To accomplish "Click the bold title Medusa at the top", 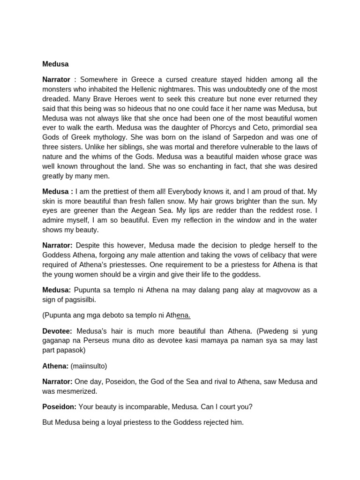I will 55,64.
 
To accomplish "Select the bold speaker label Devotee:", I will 58,331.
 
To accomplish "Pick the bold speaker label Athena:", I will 55,366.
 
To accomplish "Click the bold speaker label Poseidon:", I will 60,407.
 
